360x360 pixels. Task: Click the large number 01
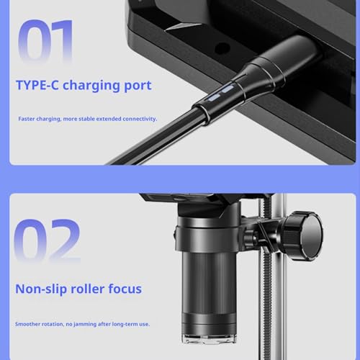click(x=45, y=41)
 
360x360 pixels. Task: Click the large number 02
click(x=47, y=240)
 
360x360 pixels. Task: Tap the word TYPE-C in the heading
click(x=37, y=85)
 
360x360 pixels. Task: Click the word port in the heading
click(x=138, y=86)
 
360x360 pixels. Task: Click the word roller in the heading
click(x=88, y=289)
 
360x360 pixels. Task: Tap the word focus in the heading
click(x=125, y=289)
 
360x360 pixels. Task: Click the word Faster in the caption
click(x=27, y=119)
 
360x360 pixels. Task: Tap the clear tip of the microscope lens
click(x=210, y=338)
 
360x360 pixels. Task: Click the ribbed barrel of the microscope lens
click(x=209, y=282)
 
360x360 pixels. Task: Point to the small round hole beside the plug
click(x=222, y=48)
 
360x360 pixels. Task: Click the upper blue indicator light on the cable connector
click(x=228, y=89)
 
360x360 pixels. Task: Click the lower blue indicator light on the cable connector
click(x=214, y=97)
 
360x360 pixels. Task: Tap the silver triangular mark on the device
click(x=183, y=27)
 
